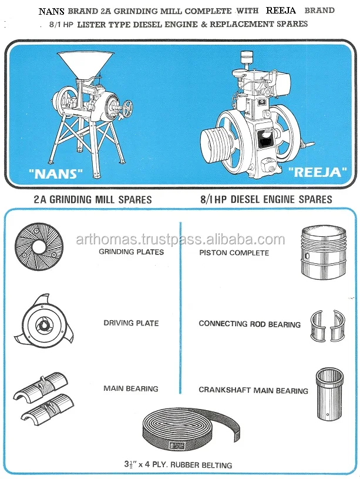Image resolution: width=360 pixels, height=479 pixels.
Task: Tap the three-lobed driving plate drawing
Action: [45, 324]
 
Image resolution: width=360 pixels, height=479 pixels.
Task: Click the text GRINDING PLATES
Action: [131, 252]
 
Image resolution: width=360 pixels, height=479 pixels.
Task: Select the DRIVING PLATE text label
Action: [131, 323]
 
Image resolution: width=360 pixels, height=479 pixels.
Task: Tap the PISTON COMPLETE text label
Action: [234, 253]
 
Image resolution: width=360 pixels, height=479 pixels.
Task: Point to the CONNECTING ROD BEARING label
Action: [250, 324]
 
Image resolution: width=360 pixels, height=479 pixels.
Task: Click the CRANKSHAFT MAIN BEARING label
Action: [253, 390]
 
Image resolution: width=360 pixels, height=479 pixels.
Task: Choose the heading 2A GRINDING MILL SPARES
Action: [92, 200]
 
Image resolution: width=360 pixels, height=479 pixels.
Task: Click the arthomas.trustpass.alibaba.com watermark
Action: [180, 239]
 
